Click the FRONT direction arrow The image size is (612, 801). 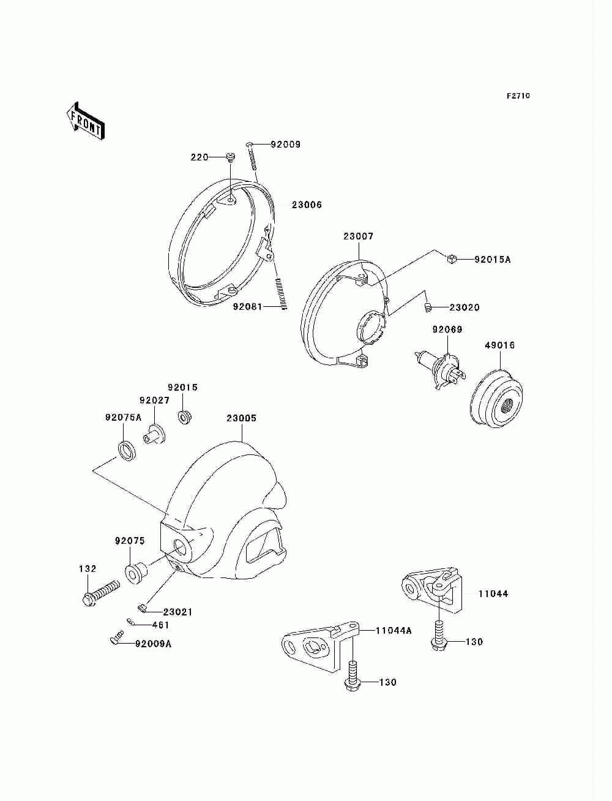[x=85, y=121]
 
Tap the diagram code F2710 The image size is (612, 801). [x=518, y=96]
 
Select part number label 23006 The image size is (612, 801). [x=306, y=205]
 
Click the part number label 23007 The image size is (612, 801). [x=358, y=236]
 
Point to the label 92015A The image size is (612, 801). [x=492, y=260]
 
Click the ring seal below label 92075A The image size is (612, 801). [x=127, y=450]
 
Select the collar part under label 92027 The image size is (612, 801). [x=155, y=435]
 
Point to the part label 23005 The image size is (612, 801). [x=241, y=419]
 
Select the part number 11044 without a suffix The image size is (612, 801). [x=493, y=594]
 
